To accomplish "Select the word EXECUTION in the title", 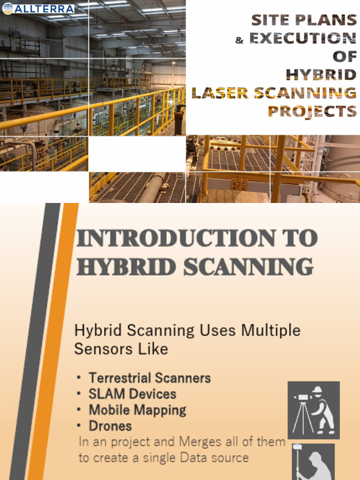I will coord(302,38).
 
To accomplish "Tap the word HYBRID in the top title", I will coord(321,75).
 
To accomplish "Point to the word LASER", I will coord(220,93).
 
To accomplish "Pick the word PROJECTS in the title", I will coord(312,111).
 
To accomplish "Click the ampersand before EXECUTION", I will coord(240,40).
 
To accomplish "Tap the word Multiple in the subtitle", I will coord(270,330).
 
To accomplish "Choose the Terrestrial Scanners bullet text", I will coord(150,378).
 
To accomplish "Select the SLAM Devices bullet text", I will coord(132,394).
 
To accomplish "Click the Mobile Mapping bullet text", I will coord(137,410).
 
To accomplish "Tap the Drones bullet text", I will coord(110,426).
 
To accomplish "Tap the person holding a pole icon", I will coord(313,463).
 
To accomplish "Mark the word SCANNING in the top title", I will coord(305,93).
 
